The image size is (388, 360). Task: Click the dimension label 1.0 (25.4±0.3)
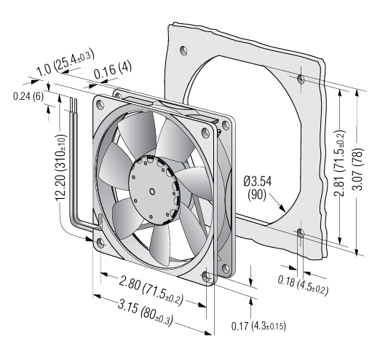[66, 63]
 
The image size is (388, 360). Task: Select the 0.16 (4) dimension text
[113, 70]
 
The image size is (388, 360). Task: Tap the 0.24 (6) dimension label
[28, 96]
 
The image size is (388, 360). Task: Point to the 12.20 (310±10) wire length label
[60, 168]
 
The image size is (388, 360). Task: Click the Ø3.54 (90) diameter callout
[258, 188]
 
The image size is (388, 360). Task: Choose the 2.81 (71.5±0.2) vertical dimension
[339, 163]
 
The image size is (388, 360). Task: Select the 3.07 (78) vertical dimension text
[357, 170]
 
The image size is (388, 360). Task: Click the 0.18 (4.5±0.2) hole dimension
[303, 286]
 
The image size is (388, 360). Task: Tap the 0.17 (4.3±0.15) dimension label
[258, 326]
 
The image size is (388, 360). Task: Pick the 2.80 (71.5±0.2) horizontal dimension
[151, 291]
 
